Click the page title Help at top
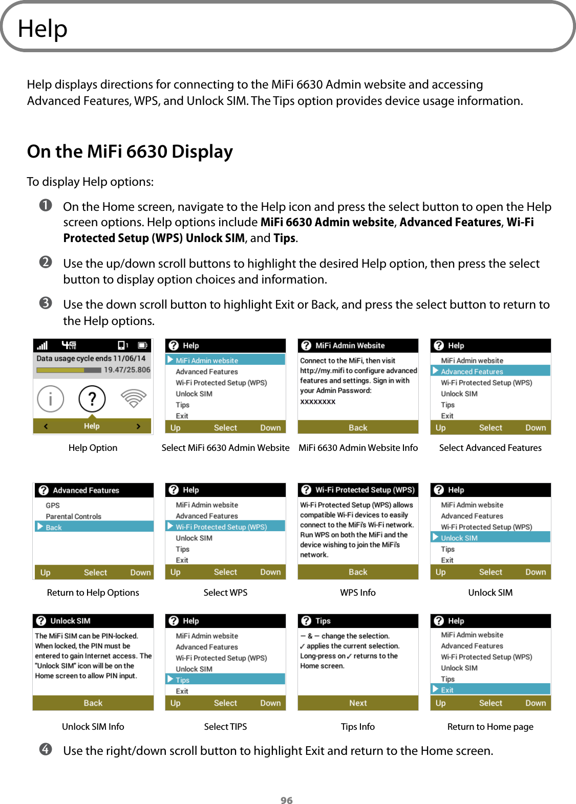coord(42,29)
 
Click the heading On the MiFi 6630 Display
coord(130,151)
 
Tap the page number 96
coord(287,800)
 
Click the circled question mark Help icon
coord(92,399)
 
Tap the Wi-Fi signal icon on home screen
coord(134,398)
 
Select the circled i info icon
coord(51,399)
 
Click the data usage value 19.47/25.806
coord(127,370)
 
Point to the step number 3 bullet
coord(46,303)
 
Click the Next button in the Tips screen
coord(358,703)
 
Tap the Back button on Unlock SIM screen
coord(93,703)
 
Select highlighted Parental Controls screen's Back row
coord(93,527)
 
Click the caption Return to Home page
coord(490,726)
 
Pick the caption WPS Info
coord(358,592)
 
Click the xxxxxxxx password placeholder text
coord(318,401)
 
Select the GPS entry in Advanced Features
coord(53,505)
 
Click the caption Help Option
coord(93,448)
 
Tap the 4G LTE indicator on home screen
coord(69,345)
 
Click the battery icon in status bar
coord(142,345)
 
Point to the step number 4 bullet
coord(46,750)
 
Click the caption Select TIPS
coord(225,726)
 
